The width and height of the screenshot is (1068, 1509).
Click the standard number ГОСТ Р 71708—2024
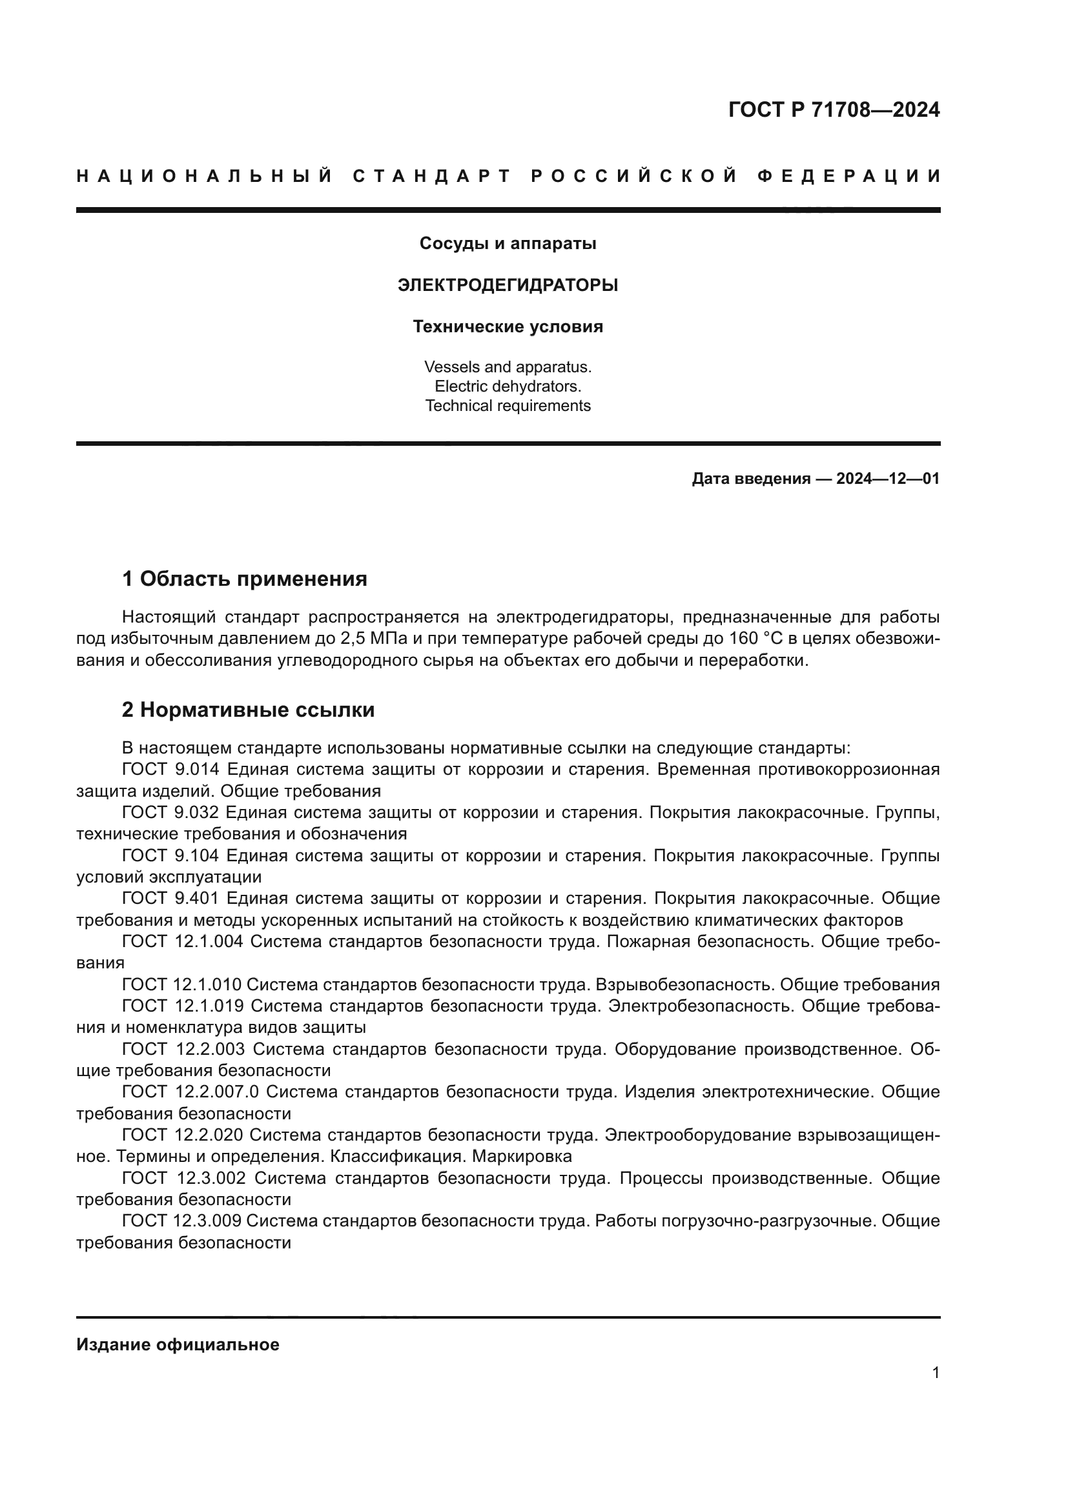point(833,110)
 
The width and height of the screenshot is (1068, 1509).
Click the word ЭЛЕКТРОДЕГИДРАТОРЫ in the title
point(508,285)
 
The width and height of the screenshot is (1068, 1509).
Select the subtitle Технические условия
point(508,326)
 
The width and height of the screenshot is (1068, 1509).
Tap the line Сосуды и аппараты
point(508,244)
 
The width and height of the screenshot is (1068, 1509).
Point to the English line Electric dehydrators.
point(508,386)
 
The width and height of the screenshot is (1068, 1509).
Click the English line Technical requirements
point(508,406)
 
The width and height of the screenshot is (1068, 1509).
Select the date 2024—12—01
point(888,479)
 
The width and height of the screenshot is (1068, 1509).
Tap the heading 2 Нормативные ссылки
point(248,710)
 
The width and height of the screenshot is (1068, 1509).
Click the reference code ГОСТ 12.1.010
point(181,984)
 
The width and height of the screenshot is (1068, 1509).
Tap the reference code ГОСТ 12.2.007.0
point(190,1092)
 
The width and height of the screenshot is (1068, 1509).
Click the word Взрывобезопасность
point(677,984)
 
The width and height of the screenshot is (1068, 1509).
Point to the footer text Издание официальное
point(178,1344)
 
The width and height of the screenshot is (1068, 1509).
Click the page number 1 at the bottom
point(935,1373)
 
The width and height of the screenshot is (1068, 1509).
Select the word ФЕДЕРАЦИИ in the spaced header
point(848,176)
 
